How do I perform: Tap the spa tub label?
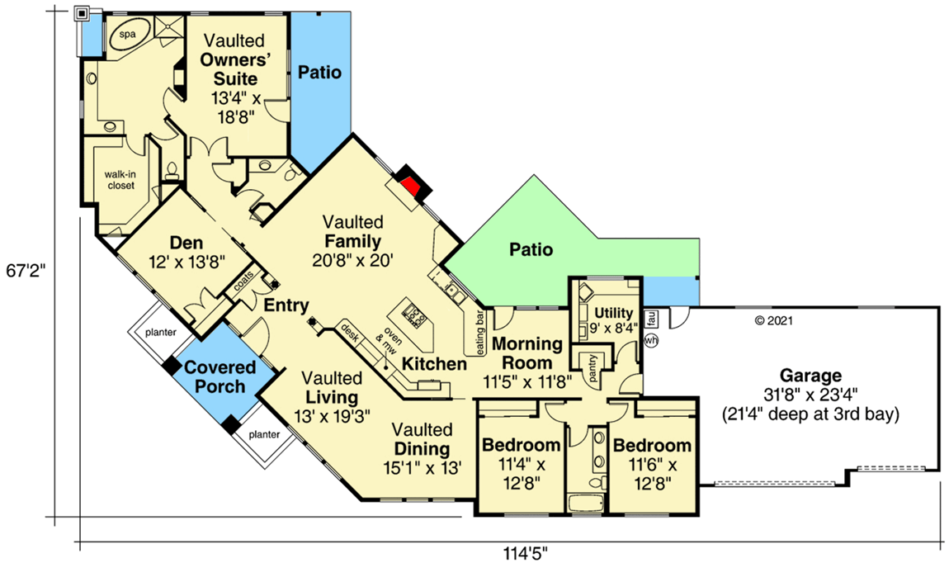point(127,35)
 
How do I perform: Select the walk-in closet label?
point(120,181)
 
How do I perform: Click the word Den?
point(186,243)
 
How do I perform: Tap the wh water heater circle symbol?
point(650,340)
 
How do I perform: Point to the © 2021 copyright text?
point(773,320)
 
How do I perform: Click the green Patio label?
point(530,248)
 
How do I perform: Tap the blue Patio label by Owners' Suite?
point(319,73)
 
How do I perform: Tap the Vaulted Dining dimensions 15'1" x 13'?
point(422,466)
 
